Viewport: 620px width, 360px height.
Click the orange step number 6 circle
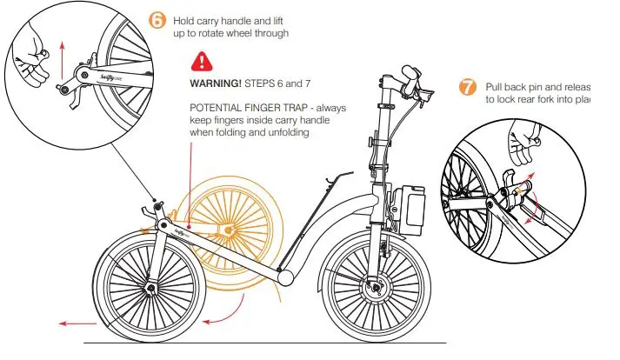(157, 20)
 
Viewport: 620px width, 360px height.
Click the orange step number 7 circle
(468, 88)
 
